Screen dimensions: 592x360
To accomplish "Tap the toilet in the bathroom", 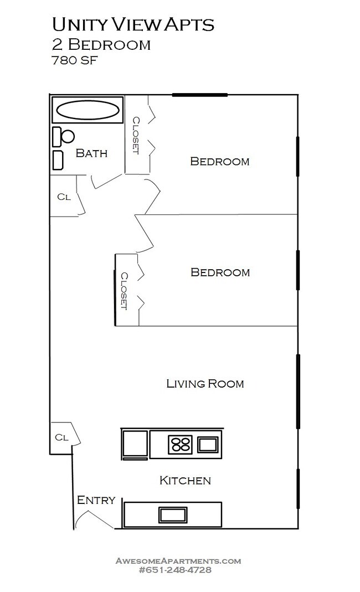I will pyautogui.click(x=64, y=136).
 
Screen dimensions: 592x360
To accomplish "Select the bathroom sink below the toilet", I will pyautogui.click(x=58, y=159).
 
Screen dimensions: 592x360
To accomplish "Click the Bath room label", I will pyautogui.click(x=91, y=153).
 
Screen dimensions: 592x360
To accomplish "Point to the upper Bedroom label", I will pyautogui.click(x=219, y=161).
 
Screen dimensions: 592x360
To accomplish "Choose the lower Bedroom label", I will pyautogui.click(x=220, y=272).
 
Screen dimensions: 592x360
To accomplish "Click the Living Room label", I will pyautogui.click(x=205, y=383).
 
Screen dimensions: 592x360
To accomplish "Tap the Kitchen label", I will pyautogui.click(x=185, y=480).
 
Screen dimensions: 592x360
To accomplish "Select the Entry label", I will pyautogui.click(x=96, y=500).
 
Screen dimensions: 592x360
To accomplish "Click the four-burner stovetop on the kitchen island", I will pyautogui.click(x=180, y=444).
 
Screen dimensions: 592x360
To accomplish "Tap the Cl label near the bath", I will pyautogui.click(x=64, y=197).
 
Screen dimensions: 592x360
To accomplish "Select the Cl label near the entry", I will pyautogui.click(x=61, y=437).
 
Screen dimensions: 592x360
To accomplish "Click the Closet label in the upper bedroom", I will pyautogui.click(x=136, y=135).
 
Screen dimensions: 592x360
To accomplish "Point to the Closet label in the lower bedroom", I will pyautogui.click(x=125, y=291).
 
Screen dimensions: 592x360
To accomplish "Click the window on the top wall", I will pyautogui.click(x=199, y=95).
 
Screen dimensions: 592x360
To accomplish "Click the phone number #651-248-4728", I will pyautogui.click(x=178, y=570).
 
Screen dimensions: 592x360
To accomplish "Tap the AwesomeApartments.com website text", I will pyautogui.click(x=178, y=560).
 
